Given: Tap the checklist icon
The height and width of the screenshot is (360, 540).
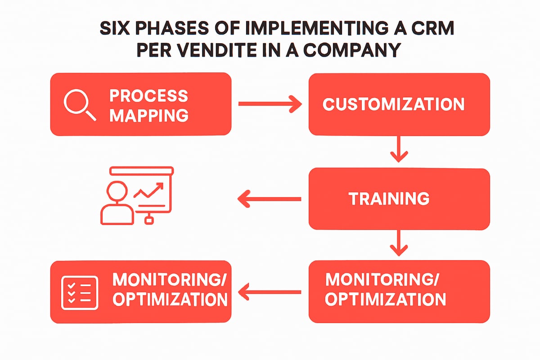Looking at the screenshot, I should click(79, 292).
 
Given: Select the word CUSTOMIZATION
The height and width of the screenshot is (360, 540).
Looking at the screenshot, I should click(393, 104).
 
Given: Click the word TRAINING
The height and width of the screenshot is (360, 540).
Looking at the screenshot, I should click(389, 198).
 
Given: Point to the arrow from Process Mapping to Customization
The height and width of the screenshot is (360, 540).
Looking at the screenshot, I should click(270, 104).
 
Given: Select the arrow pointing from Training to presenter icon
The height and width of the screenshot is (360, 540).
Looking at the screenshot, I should click(269, 198).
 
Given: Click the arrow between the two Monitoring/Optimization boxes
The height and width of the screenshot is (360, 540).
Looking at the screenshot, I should click(269, 292).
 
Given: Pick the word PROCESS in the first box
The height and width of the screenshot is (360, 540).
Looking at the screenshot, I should click(148, 95).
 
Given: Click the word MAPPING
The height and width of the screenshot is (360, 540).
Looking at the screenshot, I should click(148, 115).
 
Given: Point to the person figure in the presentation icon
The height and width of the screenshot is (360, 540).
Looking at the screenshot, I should click(117, 202).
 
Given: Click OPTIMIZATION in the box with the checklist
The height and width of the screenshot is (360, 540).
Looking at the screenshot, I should click(170, 300).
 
